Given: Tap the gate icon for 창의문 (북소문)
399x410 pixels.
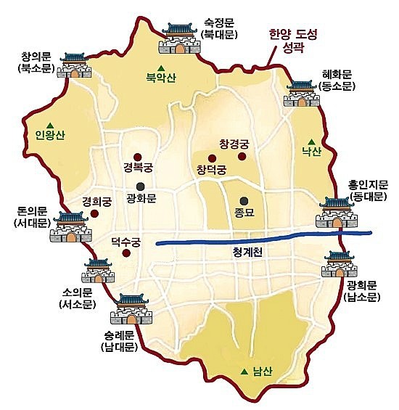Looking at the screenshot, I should click(x=75, y=65).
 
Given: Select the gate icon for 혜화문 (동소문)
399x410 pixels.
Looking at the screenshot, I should click(x=303, y=94).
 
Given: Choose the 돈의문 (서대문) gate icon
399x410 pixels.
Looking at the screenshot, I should click(x=69, y=226).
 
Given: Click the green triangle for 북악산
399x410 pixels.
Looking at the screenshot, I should click(x=161, y=65).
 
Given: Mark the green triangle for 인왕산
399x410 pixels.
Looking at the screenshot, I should click(x=50, y=123).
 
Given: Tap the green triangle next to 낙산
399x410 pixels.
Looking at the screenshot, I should click(x=310, y=142).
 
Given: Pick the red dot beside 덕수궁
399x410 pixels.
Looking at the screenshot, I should click(x=127, y=253).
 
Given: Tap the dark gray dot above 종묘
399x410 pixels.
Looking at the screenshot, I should click(x=243, y=201).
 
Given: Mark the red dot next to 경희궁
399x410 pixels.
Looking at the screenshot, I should click(x=95, y=213).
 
